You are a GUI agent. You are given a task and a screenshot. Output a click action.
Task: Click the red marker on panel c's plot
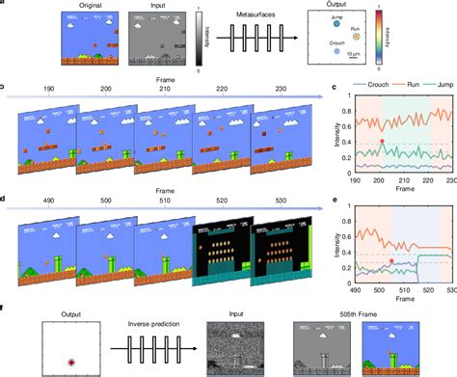382,142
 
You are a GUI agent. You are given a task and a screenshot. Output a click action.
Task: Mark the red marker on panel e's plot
390,261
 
